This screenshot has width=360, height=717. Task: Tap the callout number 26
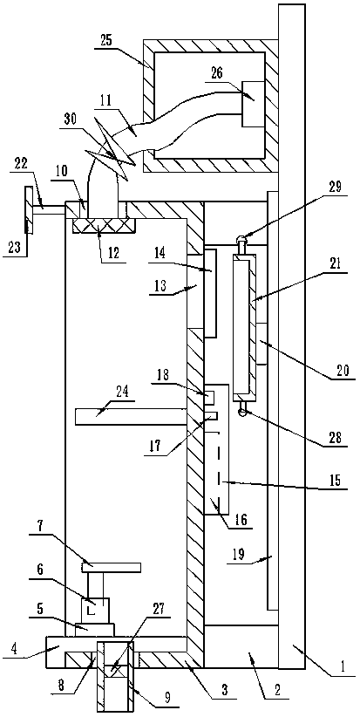(217, 74)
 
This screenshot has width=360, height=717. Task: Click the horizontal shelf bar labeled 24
(131, 417)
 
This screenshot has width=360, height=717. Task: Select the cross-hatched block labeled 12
(103, 224)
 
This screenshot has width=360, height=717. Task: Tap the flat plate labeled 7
(111, 567)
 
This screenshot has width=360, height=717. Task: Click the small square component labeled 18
(210, 398)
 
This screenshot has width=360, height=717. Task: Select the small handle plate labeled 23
(29, 209)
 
